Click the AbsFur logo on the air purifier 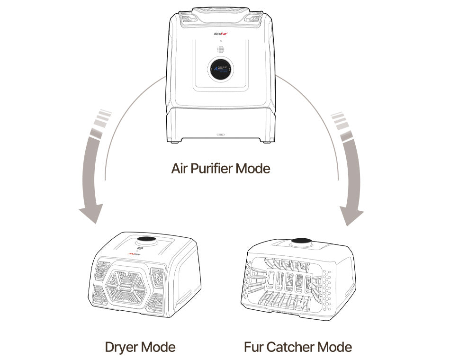221,34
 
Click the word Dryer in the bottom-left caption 120,347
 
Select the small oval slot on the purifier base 221,135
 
